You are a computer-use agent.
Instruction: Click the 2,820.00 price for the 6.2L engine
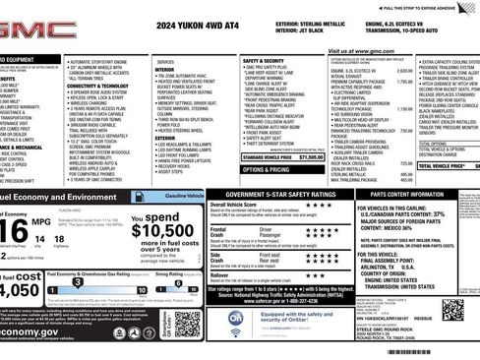click(x=403, y=71)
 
